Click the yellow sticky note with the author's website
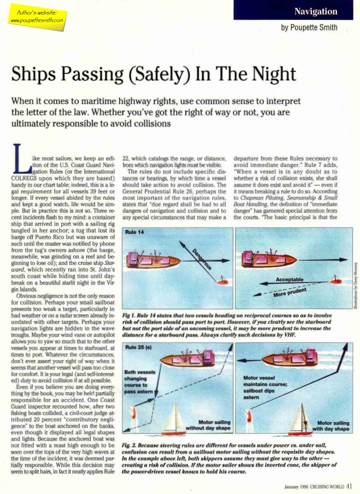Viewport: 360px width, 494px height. tap(37, 17)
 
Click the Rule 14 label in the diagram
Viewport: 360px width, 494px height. tap(135, 233)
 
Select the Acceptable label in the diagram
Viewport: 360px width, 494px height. tap(289, 280)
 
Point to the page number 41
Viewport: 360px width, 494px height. tap(349, 486)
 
